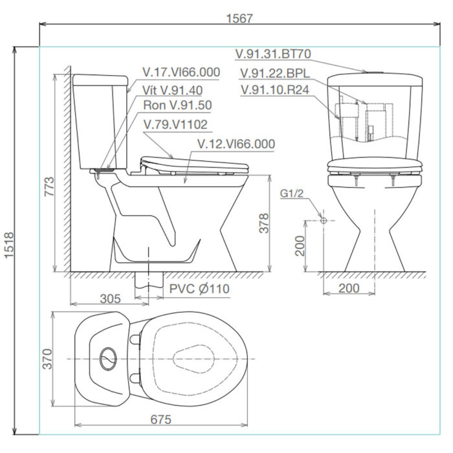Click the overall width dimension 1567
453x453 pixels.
tap(239, 18)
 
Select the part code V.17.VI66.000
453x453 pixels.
tap(182, 72)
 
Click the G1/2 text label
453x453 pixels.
tap(292, 193)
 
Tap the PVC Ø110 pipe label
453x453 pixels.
tap(199, 288)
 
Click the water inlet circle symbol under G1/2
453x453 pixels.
tap(324, 220)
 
